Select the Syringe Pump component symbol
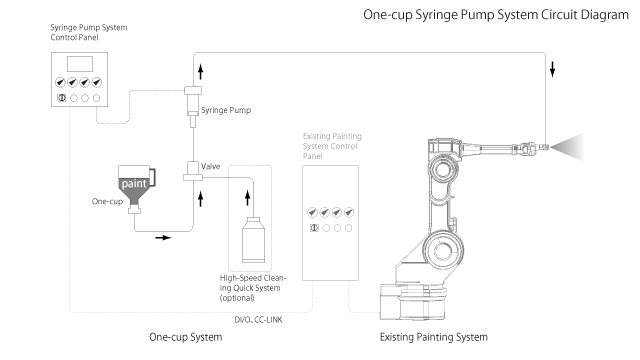point(193,104)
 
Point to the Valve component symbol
point(192,171)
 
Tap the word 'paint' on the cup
point(135,185)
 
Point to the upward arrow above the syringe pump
point(193,71)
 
